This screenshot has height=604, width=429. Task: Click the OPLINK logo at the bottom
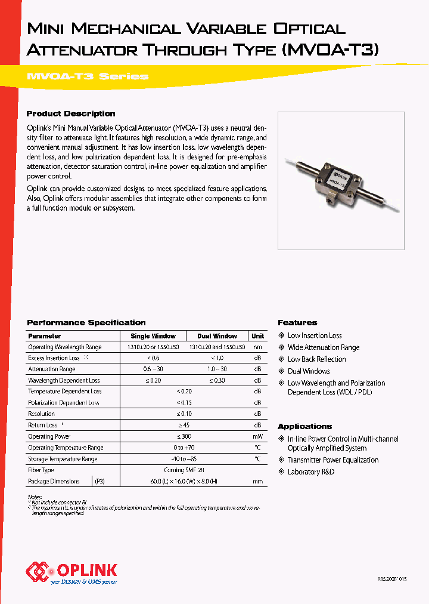click(71, 572)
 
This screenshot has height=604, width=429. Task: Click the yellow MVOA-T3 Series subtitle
click(88, 76)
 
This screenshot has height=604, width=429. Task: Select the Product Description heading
click(71, 113)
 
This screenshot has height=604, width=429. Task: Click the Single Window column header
click(153, 336)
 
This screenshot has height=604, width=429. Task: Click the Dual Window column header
click(217, 336)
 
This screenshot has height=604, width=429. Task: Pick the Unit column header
click(257, 336)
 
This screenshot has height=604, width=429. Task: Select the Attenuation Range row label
click(52, 369)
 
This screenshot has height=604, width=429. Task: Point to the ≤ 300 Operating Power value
click(185, 436)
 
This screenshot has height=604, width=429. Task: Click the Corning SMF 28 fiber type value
click(185, 470)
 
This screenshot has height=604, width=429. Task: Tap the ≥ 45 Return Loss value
click(185, 425)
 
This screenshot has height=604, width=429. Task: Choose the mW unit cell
click(257, 436)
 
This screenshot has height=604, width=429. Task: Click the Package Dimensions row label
click(54, 481)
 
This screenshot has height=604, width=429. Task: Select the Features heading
click(297, 322)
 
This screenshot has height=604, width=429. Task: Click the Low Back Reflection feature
click(316, 359)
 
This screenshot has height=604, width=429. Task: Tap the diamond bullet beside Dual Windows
click(282, 371)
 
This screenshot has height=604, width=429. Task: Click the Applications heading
click(304, 426)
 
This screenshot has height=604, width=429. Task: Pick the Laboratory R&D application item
click(311, 472)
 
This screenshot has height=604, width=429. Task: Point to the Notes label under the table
click(35, 497)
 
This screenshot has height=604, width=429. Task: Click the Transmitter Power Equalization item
click(333, 460)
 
